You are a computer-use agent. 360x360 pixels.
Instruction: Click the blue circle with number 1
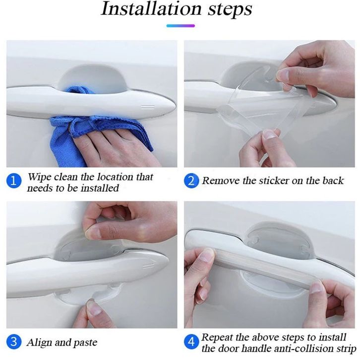(14, 180)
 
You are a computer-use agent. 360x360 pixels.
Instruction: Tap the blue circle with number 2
(191, 180)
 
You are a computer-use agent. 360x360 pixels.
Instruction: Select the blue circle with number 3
(14, 342)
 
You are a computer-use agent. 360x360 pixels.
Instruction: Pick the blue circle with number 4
(191, 342)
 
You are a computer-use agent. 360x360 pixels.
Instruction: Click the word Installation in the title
(152, 9)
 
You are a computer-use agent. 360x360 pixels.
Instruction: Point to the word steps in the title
(230, 10)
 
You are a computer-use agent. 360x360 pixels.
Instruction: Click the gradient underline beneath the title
(180, 26)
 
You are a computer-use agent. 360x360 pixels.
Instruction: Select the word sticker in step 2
(273, 180)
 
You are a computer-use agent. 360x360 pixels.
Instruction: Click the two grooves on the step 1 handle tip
(147, 107)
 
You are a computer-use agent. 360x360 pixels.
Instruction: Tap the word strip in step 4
(347, 349)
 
